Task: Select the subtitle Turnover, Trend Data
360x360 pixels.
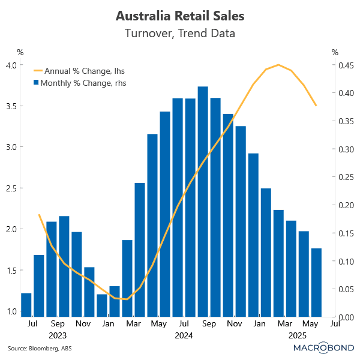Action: point(180,33)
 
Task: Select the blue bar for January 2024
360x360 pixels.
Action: point(102,305)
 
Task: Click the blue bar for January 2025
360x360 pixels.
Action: point(253,234)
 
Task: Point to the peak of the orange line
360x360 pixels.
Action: point(278,65)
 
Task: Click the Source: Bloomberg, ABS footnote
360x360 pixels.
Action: point(33,349)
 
